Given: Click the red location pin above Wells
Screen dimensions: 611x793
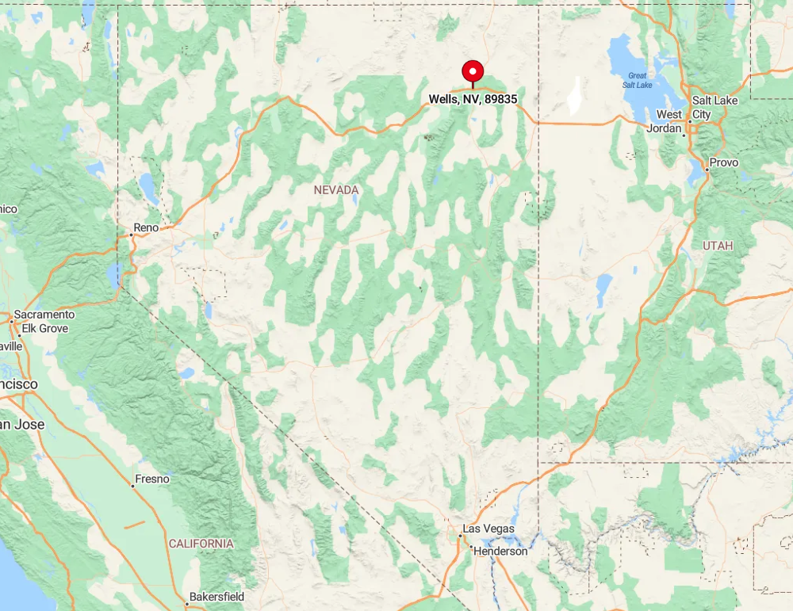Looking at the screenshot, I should (473, 71).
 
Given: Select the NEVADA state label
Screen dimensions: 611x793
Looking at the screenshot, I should (336, 190).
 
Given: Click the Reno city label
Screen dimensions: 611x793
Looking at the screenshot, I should (146, 227).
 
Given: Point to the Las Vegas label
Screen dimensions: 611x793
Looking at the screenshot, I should (488, 529).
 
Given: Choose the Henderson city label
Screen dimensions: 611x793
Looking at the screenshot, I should (500, 552).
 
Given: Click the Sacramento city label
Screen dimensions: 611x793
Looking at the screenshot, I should (44, 315).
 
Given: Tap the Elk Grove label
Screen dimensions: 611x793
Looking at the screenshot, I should (45, 328).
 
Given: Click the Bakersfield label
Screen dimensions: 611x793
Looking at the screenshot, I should (216, 596).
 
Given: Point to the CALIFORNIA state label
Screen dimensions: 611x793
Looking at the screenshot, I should (201, 544).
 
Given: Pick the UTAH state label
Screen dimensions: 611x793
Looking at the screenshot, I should (718, 246).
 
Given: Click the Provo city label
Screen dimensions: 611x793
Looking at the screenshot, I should (724, 162).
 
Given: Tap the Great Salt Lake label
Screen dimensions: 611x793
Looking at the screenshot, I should (638, 80).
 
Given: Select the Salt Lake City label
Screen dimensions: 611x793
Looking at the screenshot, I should (714, 107).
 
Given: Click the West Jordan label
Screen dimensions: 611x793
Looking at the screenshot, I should (665, 121).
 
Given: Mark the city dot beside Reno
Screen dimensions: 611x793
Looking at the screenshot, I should (131, 235).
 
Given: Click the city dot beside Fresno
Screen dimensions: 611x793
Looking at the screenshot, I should (132, 486).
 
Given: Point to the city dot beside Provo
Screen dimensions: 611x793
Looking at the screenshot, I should (706, 170).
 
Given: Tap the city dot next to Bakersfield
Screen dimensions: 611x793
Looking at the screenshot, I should (187, 604).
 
